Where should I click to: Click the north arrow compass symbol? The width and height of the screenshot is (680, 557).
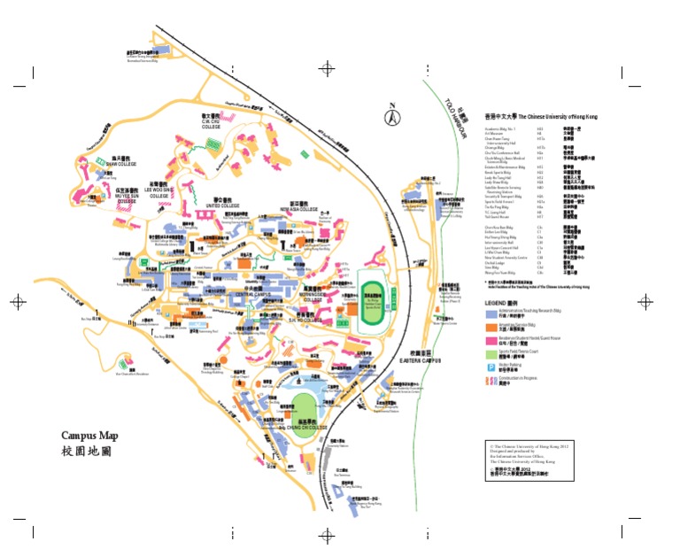coord(391,114)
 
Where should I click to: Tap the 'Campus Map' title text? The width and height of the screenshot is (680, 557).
coord(89,435)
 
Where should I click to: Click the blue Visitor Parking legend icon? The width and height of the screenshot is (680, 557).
coord(490,365)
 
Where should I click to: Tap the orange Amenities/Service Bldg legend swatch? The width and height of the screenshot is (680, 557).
coord(491,327)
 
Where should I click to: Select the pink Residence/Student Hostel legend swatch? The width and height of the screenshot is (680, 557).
coord(491,339)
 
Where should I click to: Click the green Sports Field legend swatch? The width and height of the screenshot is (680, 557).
coord(491,352)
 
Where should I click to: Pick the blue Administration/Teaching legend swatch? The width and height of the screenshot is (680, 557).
coord(491,314)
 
